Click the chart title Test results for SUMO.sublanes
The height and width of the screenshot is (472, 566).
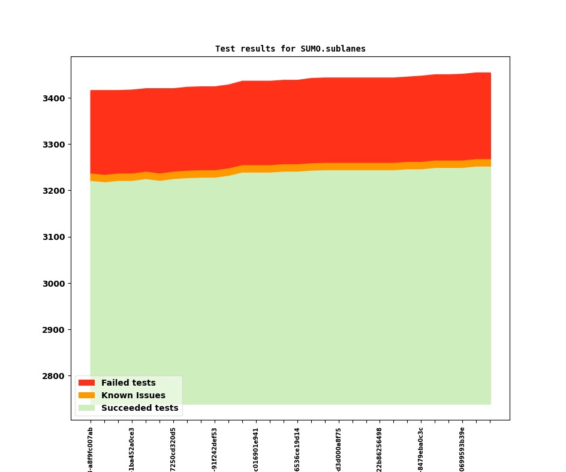click(x=290, y=49)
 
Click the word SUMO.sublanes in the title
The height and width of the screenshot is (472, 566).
click(x=333, y=49)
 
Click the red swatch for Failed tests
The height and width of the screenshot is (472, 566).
click(x=86, y=383)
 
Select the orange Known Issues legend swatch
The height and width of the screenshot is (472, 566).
click(x=86, y=395)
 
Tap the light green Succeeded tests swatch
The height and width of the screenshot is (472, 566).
click(x=86, y=408)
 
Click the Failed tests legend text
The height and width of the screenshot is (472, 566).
click(x=128, y=383)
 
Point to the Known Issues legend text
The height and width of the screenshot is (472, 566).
click(x=133, y=395)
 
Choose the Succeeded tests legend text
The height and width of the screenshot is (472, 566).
click(x=140, y=408)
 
